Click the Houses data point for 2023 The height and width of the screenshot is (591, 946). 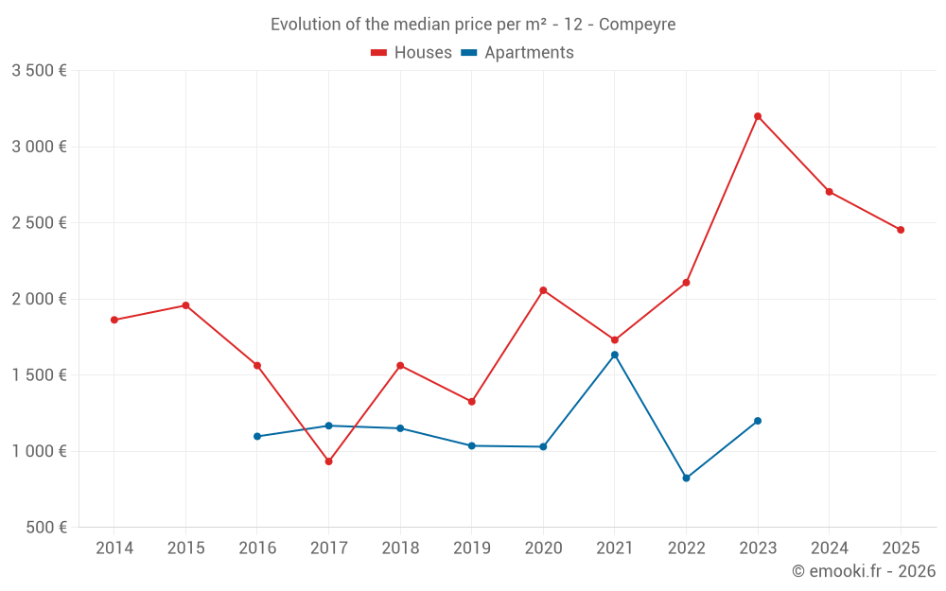(758, 116)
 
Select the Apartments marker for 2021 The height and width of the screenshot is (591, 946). (614, 355)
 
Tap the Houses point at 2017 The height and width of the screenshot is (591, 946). (328, 461)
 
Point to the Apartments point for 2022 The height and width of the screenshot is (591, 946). (686, 478)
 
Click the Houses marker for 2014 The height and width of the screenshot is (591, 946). (114, 320)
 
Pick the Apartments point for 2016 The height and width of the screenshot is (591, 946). (257, 436)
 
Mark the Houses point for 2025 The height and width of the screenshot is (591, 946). (901, 230)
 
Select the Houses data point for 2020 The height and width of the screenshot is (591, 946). (543, 290)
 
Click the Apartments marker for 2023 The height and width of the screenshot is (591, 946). (758, 421)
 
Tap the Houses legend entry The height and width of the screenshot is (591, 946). (412, 53)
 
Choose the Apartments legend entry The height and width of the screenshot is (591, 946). (517, 53)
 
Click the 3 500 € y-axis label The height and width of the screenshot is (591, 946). (39, 71)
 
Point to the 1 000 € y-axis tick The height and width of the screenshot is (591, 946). (39, 451)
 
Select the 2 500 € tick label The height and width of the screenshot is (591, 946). (39, 223)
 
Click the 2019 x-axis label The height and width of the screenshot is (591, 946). (471, 548)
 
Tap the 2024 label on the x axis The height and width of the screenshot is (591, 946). (829, 548)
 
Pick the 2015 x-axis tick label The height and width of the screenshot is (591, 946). (185, 548)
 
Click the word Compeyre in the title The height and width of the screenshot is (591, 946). (637, 25)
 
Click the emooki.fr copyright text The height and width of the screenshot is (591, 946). (864, 571)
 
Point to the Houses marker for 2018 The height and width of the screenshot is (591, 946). (400, 365)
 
